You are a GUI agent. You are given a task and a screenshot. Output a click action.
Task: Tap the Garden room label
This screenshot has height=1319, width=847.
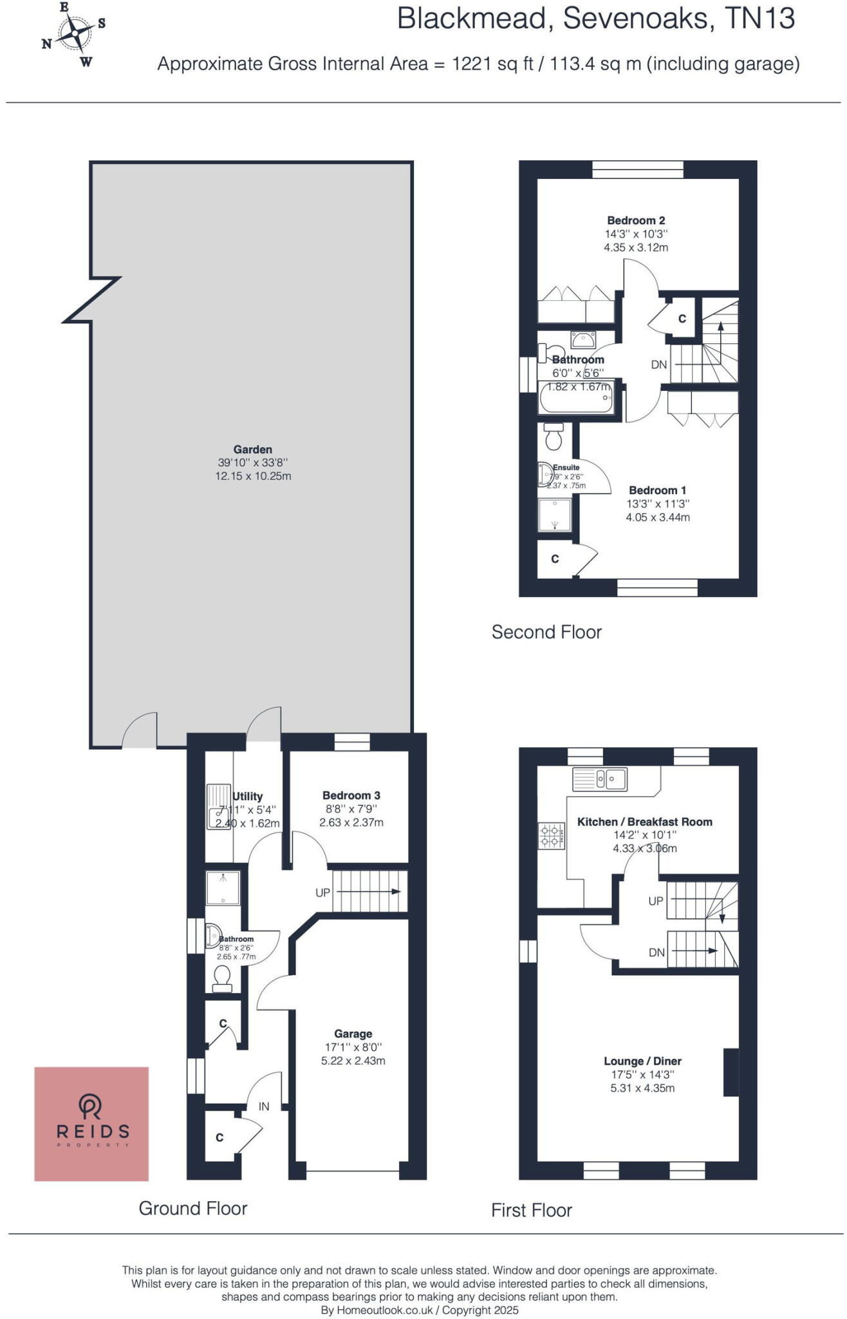[x=252, y=450]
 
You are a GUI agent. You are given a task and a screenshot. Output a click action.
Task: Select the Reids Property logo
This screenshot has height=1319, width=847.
[x=91, y=1124]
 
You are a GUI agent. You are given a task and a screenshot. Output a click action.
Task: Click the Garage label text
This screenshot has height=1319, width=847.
[x=353, y=1034]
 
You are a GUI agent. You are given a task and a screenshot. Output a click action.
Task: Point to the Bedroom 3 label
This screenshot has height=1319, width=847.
[x=351, y=795]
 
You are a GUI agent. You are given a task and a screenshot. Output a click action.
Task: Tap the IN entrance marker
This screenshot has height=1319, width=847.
[x=264, y=1106]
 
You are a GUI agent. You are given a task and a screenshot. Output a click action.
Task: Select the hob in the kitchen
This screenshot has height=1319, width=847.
[x=552, y=836]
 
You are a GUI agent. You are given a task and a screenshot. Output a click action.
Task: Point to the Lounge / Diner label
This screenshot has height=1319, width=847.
[x=642, y=1061]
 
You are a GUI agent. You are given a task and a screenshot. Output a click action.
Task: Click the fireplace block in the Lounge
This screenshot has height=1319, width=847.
[x=731, y=1072]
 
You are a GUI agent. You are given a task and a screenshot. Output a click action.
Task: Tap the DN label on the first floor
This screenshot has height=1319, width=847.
[x=656, y=953]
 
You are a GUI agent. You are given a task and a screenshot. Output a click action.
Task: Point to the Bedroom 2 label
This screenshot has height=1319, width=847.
[x=636, y=221]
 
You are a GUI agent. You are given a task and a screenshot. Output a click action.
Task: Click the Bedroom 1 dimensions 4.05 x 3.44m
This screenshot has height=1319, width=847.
[x=658, y=517]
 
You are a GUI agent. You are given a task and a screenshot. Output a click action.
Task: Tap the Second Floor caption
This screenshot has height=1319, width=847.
[x=546, y=632]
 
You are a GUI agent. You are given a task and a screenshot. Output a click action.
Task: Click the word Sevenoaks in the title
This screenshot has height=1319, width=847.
[x=637, y=19]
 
